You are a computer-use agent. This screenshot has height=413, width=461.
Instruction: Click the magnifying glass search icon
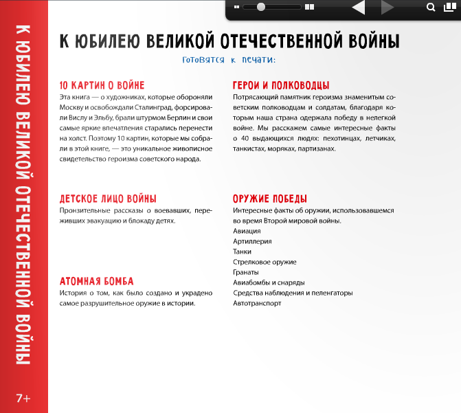tap(431, 8)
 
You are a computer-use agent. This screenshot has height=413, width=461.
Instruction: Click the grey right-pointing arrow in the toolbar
tap(388, 8)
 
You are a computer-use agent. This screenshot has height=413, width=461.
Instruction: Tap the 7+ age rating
tap(23, 398)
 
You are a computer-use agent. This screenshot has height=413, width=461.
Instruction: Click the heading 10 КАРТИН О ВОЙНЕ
tap(102, 85)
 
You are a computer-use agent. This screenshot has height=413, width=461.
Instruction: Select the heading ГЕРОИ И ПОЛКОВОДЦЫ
tap(281, 85)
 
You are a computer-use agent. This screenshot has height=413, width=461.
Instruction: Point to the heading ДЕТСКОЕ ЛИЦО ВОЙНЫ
tap(109, 198)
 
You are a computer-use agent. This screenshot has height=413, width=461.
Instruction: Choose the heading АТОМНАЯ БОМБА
tap(96, 281)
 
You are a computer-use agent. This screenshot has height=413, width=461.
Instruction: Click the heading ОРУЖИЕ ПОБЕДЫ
tap(271, 198)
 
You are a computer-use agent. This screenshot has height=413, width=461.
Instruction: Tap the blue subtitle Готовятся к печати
tap(229, 60)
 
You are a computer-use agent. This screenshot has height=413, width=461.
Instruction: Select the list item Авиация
tap(247, 231)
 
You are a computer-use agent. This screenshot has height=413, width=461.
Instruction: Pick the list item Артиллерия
tap(252, 241)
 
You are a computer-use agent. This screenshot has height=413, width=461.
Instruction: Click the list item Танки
tap(243, 252)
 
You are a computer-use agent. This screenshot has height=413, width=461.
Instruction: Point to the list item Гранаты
tap(246, 272)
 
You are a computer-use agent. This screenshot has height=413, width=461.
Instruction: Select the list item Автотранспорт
tap(257, 303)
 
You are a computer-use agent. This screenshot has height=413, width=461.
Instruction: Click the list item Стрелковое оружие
tap(265, 262)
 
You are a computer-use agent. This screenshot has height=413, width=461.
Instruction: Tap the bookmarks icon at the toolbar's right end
tap(449, 8)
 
